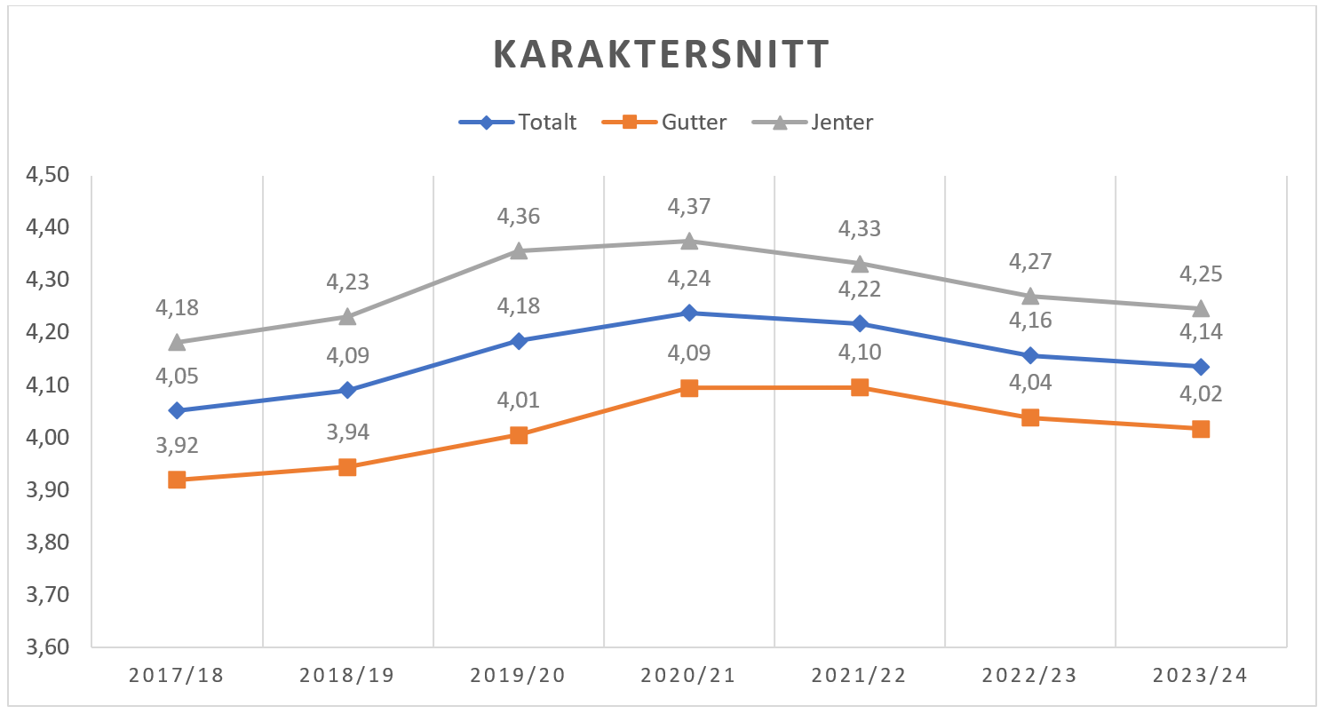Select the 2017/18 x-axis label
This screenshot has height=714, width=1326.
click(177, 676)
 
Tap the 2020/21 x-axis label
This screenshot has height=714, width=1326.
click(688, 676)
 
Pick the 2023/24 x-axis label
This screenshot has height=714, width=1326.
click(1200, 676)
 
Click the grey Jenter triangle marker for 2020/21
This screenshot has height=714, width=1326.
click(689, 241)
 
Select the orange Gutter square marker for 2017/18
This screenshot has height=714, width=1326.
click(177, 480)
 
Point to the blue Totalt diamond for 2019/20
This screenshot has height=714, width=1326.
click(519, 341)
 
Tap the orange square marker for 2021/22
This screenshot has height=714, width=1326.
click(860, 387)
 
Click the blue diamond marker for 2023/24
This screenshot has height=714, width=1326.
click(1201, 367)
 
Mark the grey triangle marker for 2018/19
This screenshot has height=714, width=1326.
click(347, 316)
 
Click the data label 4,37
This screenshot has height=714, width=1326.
click(689, 207)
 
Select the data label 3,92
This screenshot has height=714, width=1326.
click(177, 446)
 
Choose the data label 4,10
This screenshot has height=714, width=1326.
click(860, 353)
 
